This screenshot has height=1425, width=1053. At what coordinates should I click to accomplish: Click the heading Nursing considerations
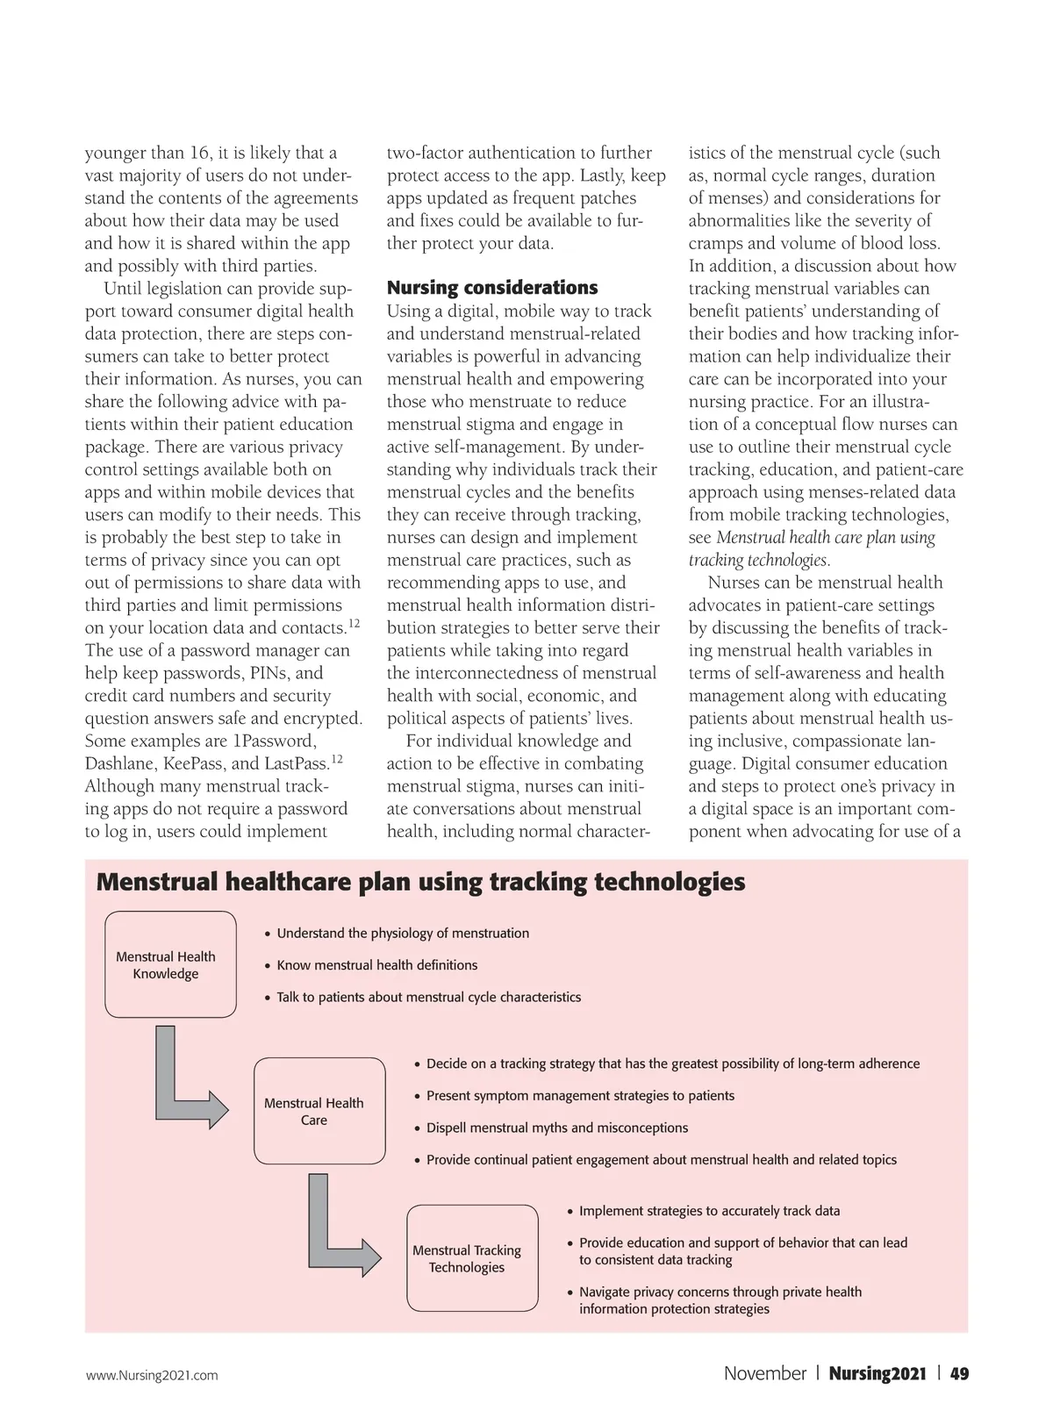[x=491, y=288]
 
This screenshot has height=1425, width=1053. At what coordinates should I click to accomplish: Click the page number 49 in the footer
[x=959, y=1374]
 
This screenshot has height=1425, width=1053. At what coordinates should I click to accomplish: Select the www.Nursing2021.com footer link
[x=152, y=1376]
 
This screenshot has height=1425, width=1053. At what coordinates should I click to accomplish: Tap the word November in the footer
[x=764, y=1374]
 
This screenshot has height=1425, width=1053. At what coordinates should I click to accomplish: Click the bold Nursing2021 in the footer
[x=877, y=1374]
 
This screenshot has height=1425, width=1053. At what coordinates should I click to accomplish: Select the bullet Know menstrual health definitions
[x=376, y=965]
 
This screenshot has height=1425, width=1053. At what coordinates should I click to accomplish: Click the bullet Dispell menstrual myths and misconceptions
[x=556, y=1128]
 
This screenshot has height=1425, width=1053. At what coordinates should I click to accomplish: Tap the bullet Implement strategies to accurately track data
[x=709, y=1211]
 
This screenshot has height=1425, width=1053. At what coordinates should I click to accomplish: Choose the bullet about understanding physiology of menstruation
[x=403, y=934]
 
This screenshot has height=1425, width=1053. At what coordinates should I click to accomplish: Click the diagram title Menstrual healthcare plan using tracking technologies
[x=420, y=882]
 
